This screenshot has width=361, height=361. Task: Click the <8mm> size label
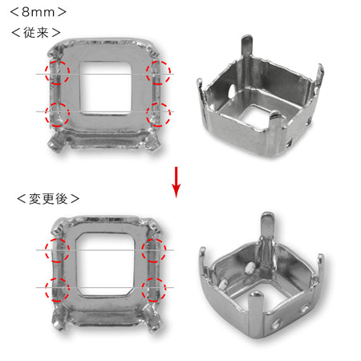point(38,12)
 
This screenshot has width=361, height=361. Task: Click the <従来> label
point(36,33)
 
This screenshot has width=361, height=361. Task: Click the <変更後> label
point(48,199)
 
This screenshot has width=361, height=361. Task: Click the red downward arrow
point(176,182)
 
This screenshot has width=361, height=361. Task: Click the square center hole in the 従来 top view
point(106,88)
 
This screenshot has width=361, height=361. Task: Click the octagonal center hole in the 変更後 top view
point(105,264)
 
